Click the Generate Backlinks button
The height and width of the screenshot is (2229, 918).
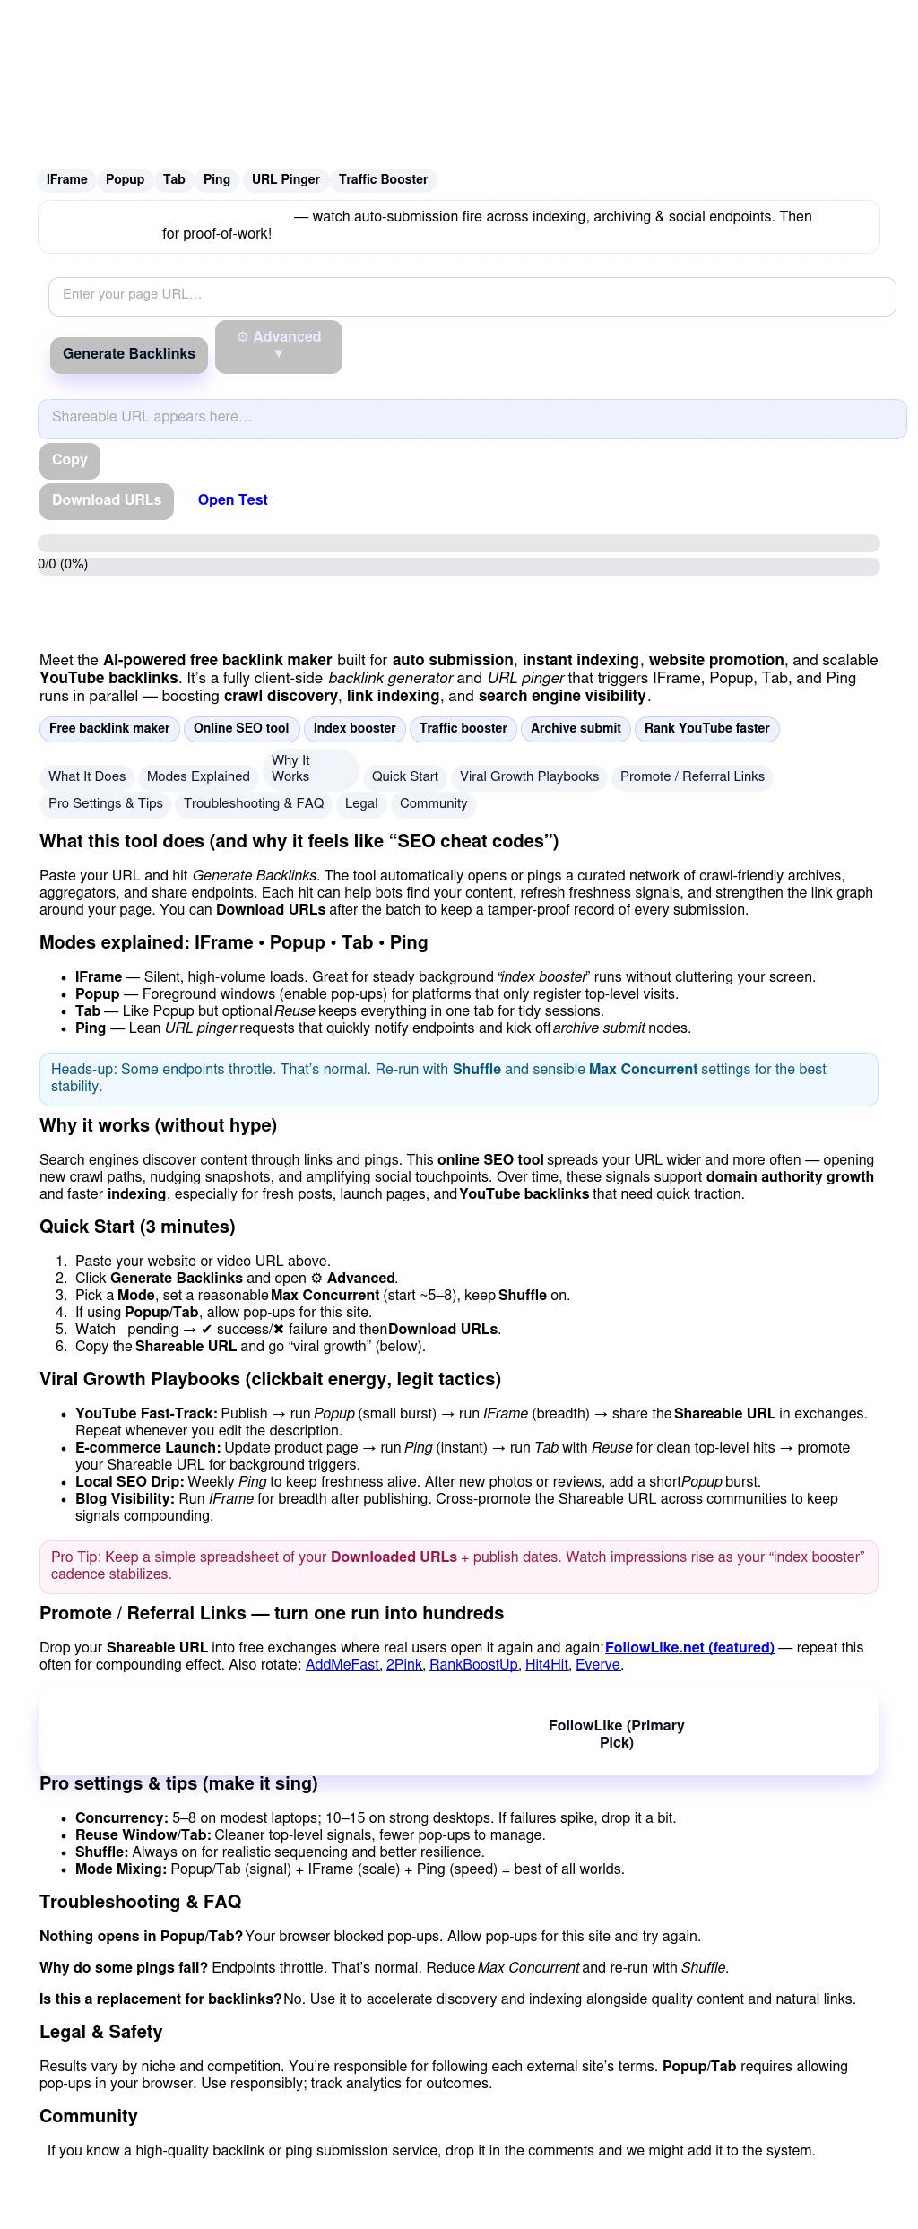129,354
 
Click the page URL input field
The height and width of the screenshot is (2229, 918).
472,296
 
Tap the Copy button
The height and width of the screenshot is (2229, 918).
70,460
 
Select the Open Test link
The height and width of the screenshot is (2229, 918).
232,500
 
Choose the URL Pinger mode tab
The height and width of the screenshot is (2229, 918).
285,179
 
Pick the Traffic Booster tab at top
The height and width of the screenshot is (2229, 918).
383,179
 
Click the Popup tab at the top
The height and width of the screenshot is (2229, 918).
125,179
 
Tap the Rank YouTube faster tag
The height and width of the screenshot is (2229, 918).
706,728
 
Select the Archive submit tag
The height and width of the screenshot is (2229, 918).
576,728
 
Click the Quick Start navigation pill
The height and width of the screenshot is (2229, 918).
405,776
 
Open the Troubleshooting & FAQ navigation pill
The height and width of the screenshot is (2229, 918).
254,803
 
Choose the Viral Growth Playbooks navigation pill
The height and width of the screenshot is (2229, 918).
529,776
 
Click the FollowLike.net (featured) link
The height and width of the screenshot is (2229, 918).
689,1647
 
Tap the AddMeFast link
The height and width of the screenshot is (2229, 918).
342,1664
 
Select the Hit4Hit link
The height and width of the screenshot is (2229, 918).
546,1664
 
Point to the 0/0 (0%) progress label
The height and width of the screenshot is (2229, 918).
63,564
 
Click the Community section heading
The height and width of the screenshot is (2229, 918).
89,2116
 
